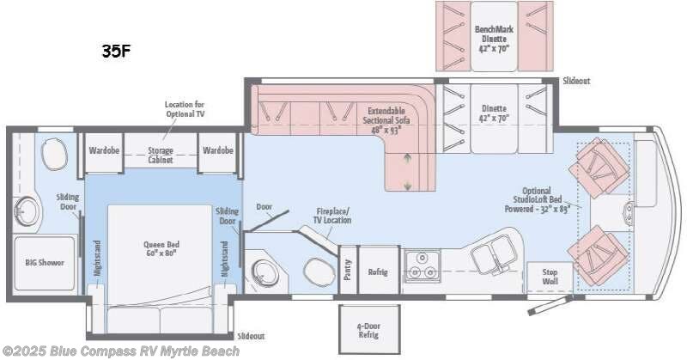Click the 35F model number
[x=116, y=50]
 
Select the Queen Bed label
[x=160, y=248]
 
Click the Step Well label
[x=550, y=276]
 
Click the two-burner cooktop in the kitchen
[x=422, y=265]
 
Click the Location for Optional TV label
[x=185, y=109]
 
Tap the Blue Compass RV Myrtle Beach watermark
[x=120, y=351]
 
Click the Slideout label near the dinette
[x=576, y=82]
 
